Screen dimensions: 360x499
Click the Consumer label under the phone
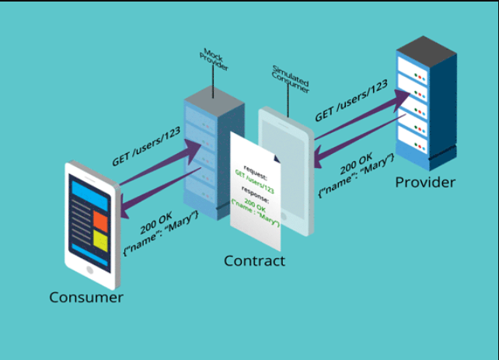click(86, 297)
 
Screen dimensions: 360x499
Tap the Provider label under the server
click(425, 183)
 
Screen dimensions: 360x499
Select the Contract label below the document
click(254, 260)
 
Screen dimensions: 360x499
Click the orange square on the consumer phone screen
click(100, 220)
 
